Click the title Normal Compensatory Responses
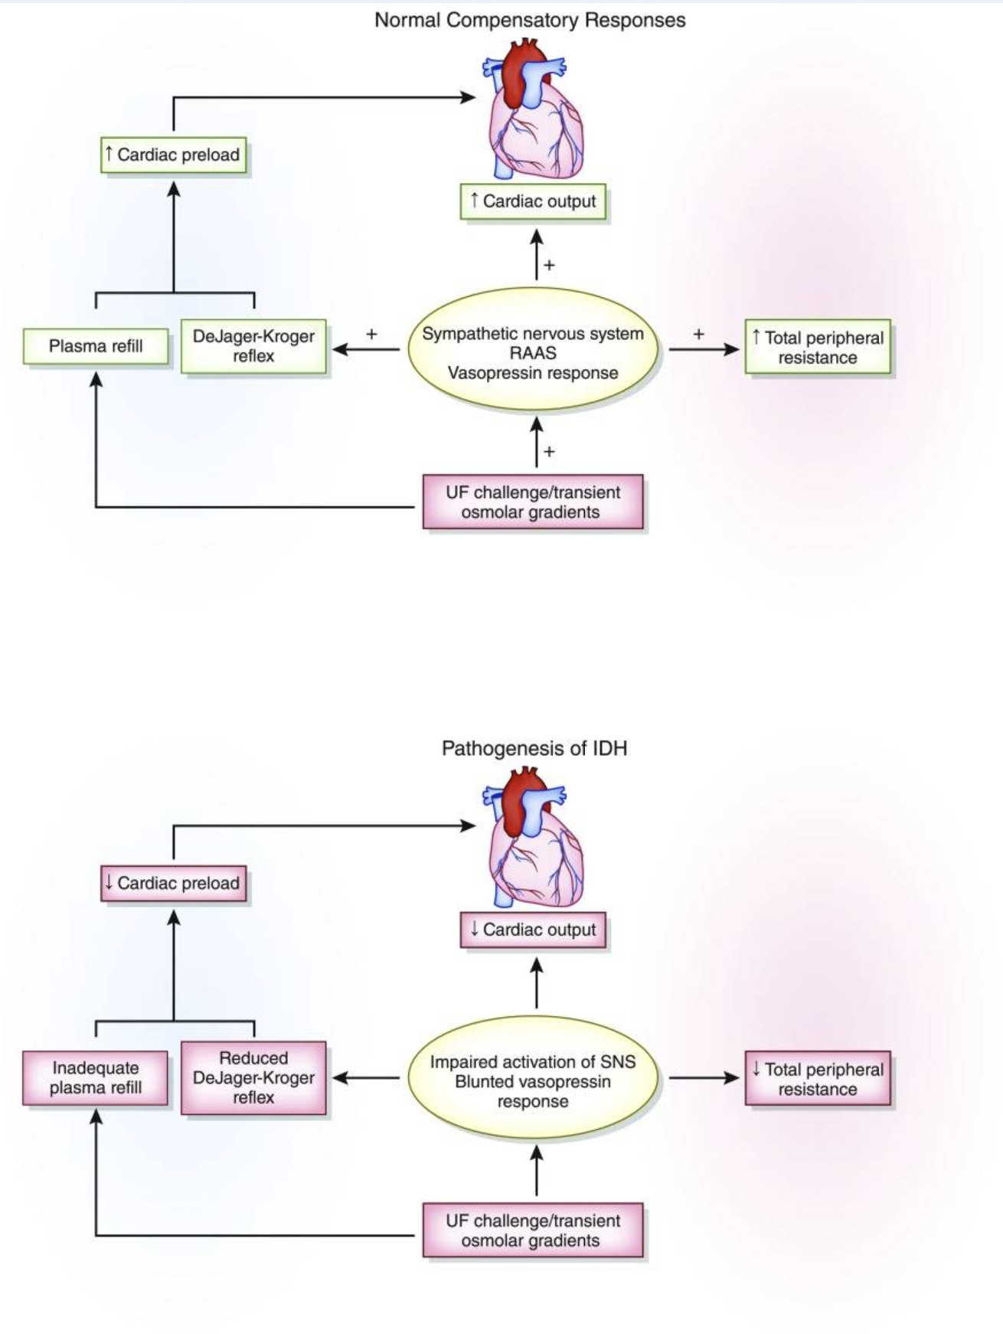[530, 21]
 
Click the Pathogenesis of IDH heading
[534, 748]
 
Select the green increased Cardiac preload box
[174, 155]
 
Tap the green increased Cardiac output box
[533, 201]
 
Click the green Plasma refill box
[96, 346]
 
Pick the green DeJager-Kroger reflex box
[253, 346]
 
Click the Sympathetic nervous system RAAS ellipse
[533, 353]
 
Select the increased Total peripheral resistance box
[818, 348]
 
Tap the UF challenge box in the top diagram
[533, 502]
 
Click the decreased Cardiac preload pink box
[174, 883]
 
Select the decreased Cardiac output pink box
[533, 930]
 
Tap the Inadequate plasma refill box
[96, 1077]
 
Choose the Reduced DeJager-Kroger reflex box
[253, 1077]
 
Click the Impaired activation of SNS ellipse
[533, 1081]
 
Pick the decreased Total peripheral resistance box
[818, 1079]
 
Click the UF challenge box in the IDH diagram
[533, 1231]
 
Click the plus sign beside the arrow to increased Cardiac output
[549, 266]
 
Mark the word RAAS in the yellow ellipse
[533, 354]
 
